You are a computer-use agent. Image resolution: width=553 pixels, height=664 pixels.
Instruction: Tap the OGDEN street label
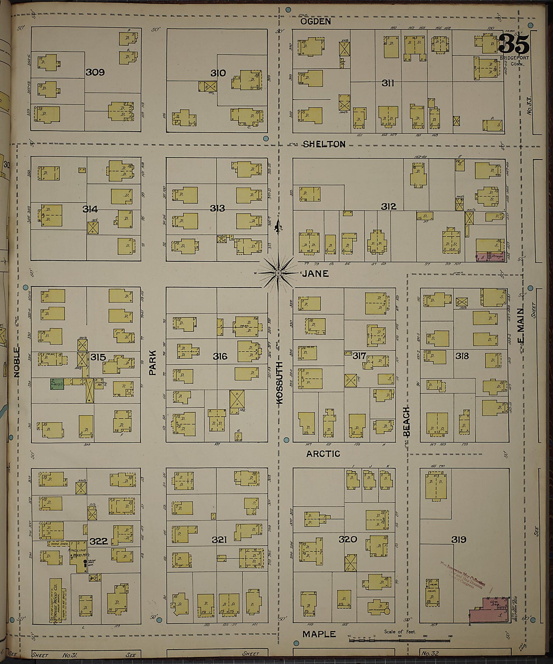click(315, 21)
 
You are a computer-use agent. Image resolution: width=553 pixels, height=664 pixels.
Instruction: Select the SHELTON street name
click(324, 144)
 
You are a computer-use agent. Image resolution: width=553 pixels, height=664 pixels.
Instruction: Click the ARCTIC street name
click(323, 454)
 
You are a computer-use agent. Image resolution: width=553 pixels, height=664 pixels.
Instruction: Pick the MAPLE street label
click(319, 634)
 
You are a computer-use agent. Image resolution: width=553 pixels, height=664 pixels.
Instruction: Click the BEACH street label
click(406, 421)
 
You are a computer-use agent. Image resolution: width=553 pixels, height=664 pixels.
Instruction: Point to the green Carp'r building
click(57, 384)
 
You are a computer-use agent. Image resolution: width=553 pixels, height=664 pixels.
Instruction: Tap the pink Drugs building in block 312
click(491, 256)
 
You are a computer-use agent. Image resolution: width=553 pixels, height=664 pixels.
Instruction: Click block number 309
click(95, 72)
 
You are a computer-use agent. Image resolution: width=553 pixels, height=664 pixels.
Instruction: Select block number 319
click(459, 540)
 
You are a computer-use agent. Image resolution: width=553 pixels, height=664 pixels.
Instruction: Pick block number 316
click(220, 357)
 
